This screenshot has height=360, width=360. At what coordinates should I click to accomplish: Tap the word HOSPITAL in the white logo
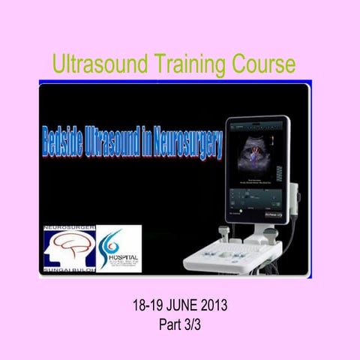[121, 255]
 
